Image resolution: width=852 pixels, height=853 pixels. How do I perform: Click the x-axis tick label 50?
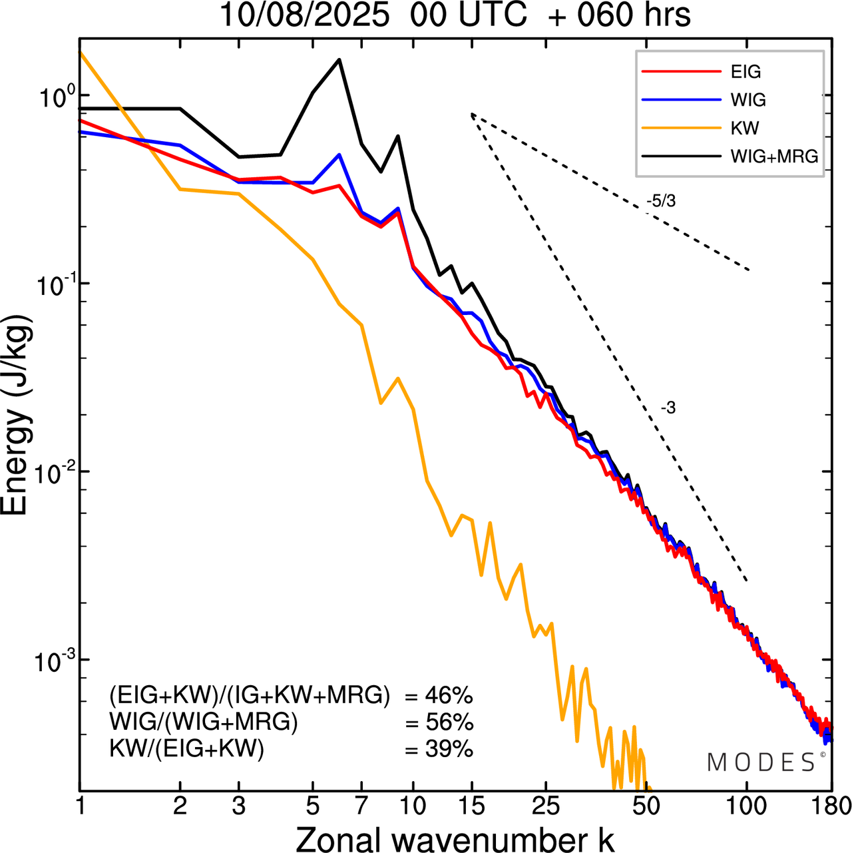tap(645, 806)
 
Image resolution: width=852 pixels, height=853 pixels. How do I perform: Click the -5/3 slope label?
tap(661, 201)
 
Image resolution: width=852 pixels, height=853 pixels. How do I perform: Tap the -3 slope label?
tap(668, 408)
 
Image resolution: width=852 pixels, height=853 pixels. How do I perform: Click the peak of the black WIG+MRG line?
tap(339, 60)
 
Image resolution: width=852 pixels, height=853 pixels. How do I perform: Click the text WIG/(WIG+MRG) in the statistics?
tap(204, 722)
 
